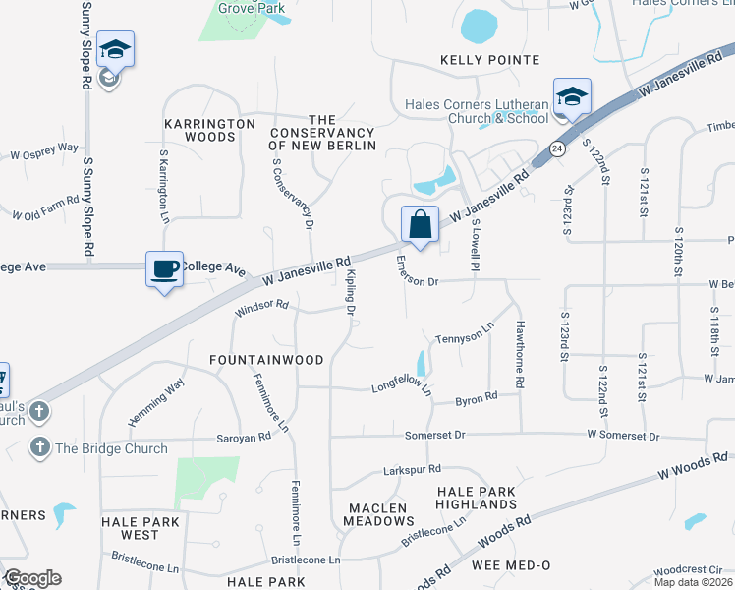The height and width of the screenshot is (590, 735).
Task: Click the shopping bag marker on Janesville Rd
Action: [420, 223]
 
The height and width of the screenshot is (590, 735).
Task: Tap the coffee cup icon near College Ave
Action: [164, 268]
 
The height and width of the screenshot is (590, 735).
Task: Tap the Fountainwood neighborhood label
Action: [266, 360]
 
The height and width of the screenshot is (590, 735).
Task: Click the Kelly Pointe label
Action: [490, 60]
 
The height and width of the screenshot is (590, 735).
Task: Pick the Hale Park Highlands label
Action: [476, 497]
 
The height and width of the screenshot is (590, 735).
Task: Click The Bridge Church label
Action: [111, 448]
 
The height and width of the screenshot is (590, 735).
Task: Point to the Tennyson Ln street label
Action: [464, 336]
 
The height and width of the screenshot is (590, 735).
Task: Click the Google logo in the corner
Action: [31, 578]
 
